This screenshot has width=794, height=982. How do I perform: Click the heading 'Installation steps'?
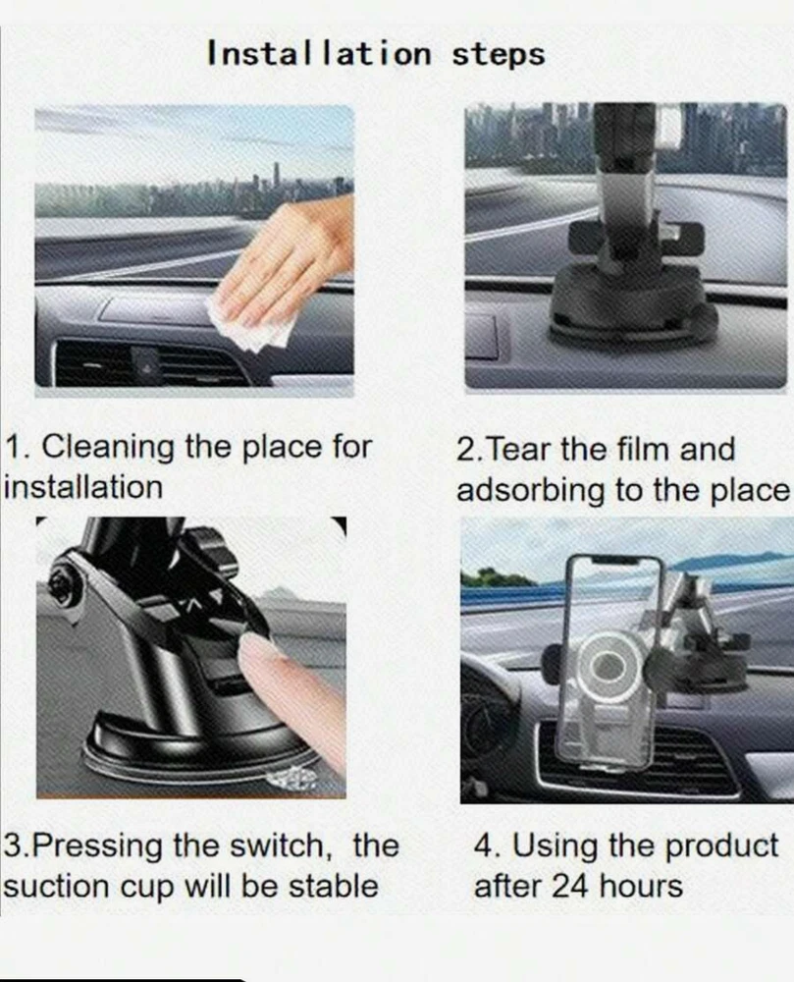pyautogui.click(x=376, y=53)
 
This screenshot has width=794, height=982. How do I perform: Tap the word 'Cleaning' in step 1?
pyautogui.click(x=108, y=448)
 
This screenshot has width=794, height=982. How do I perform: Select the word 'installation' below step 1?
pyautogui.click(x=82, y=487)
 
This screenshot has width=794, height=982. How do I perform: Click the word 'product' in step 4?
pyautogui.click(x=721, y=846)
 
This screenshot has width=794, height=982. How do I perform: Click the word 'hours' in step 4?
pyautogui.click(x=641, y=886)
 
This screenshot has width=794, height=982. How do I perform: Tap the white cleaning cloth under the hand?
pyautogui.click(x=253, y=326)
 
